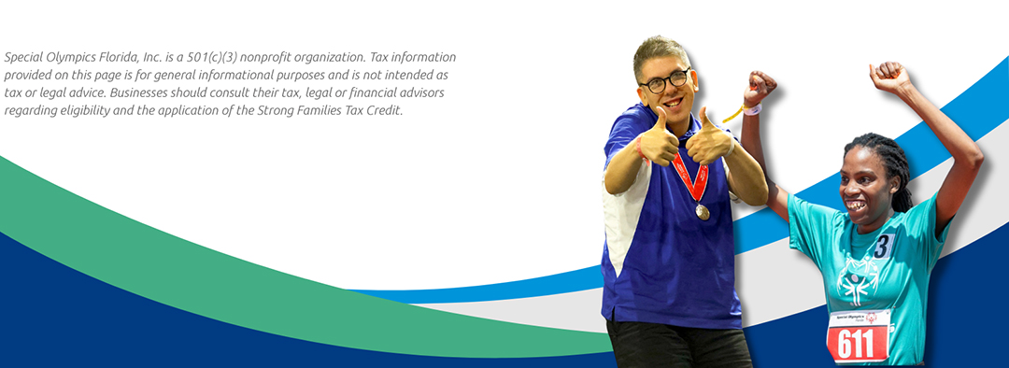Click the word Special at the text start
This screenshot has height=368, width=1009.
pos(23,57)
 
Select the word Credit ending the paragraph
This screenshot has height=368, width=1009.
pos(386,110)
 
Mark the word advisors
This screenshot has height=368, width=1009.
pos(420,92)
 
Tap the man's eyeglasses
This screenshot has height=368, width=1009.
pos(664,80)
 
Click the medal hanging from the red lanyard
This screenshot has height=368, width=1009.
pos(702,211)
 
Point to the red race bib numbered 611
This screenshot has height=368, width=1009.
pos(859,336)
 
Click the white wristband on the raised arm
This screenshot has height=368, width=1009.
pos(752,108)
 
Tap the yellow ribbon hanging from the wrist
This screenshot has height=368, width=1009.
pos(732,115)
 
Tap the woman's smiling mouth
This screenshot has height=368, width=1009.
pos(856,205)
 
